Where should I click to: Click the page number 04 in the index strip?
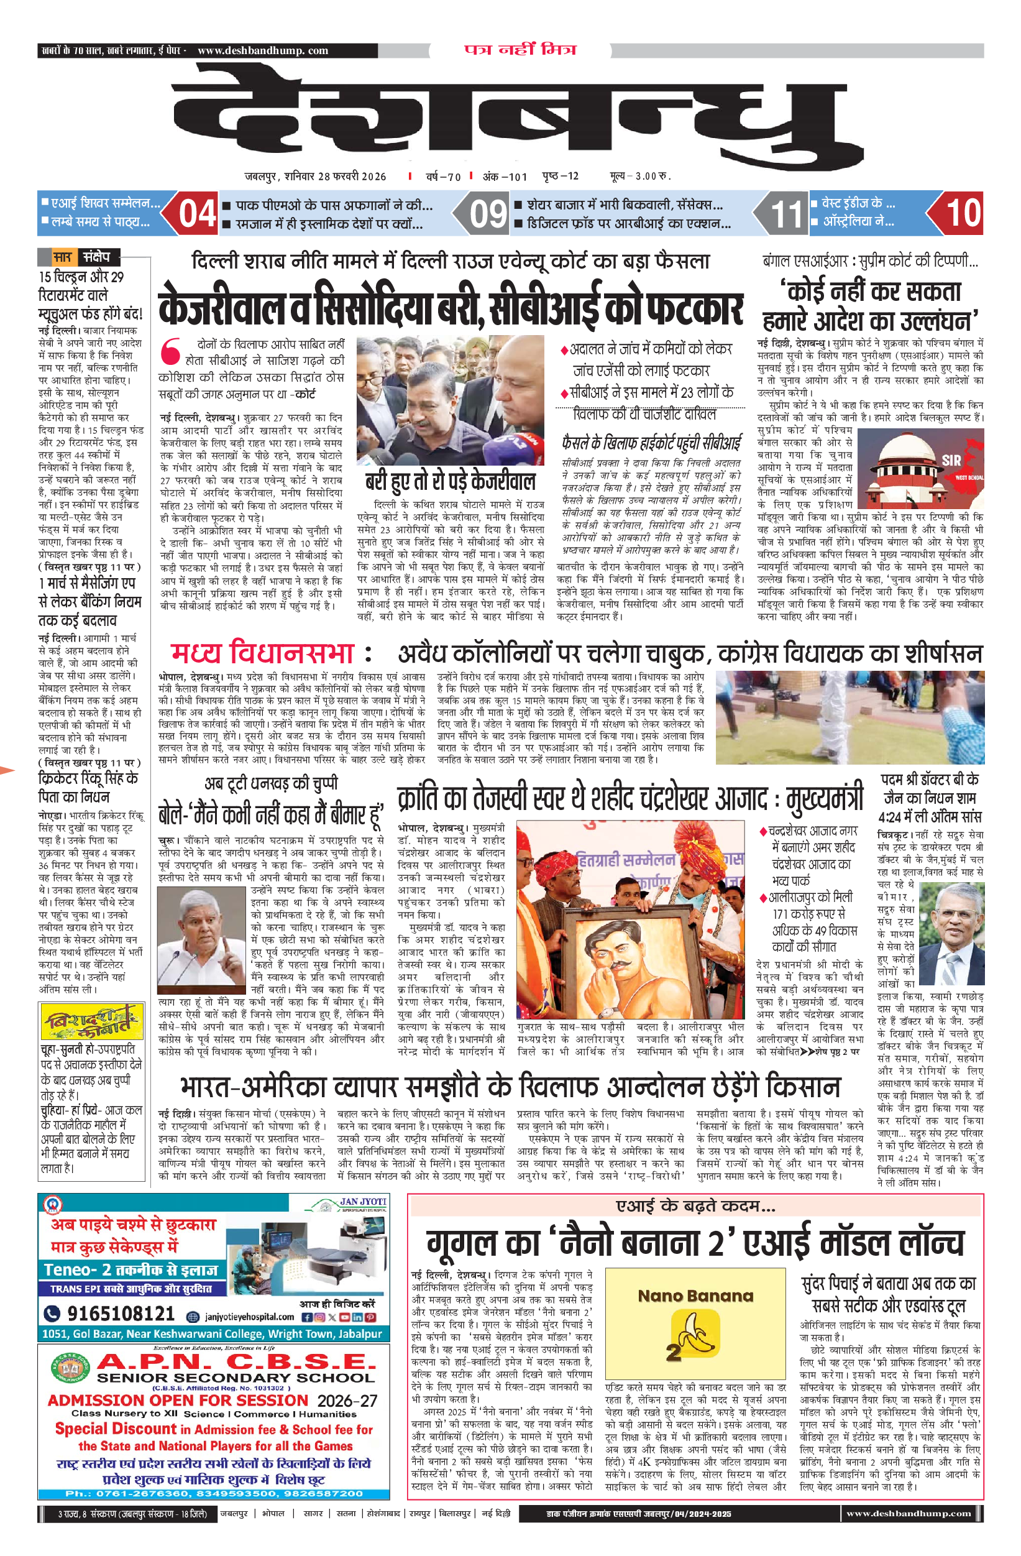pyautogui.click(x=197, y=213)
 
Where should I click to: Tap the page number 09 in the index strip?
pyautogui.click(x=488, y=214)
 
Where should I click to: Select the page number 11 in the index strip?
pyautogui.click(x=785, y=214)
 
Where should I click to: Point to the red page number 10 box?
pyautogui.click(x=963, y=213)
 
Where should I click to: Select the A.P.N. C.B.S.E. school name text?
pyautogui.click(x=237, y=1361)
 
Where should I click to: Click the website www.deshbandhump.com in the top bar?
pyautogui.click(x=262, y=50)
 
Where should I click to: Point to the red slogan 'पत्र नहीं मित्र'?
pyautogui.click(x=520, y=50)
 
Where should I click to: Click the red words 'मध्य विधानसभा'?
pyautogui.click(x=262, y=653)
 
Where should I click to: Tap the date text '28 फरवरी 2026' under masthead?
pyautogui.click(x=352, y=177)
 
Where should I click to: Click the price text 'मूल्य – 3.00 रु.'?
pyautogui.click(x=640, y=177)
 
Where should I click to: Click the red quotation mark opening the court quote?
pyautogui.click(x=171, y=351)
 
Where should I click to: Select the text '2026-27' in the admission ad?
pyautogui.click(x=347, y=1401)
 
